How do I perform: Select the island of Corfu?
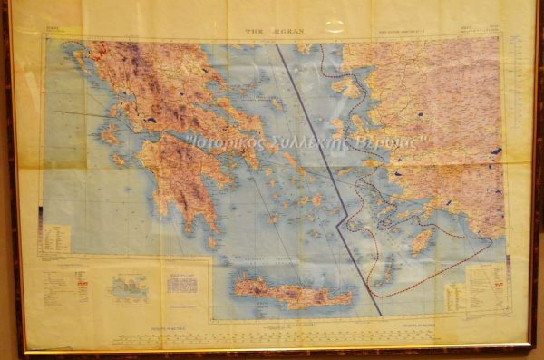(x=79, y=62)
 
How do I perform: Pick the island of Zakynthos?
(x=119, y=159)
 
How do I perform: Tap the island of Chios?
(x=337, y=128)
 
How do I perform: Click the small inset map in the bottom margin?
(x=127, y=288)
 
